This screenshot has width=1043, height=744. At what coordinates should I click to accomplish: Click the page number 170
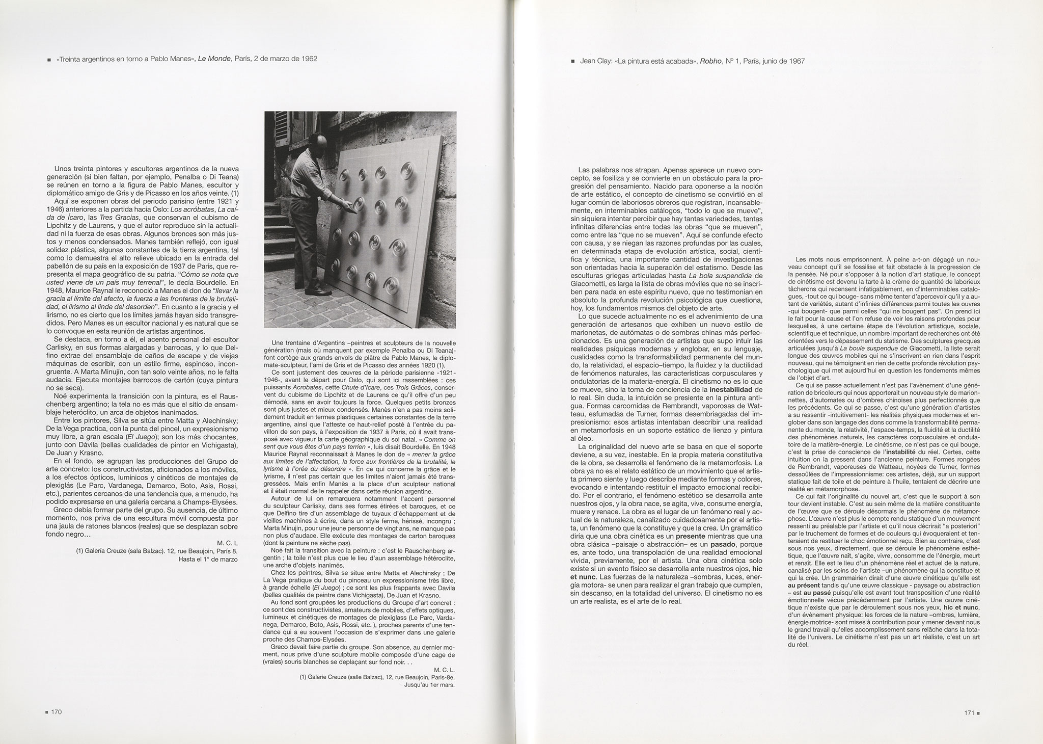(x=56, y=712)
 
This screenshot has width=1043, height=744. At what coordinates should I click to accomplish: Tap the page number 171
(x=966, y=713)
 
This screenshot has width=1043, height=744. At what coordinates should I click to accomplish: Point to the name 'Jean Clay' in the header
(x=595, y=61)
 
